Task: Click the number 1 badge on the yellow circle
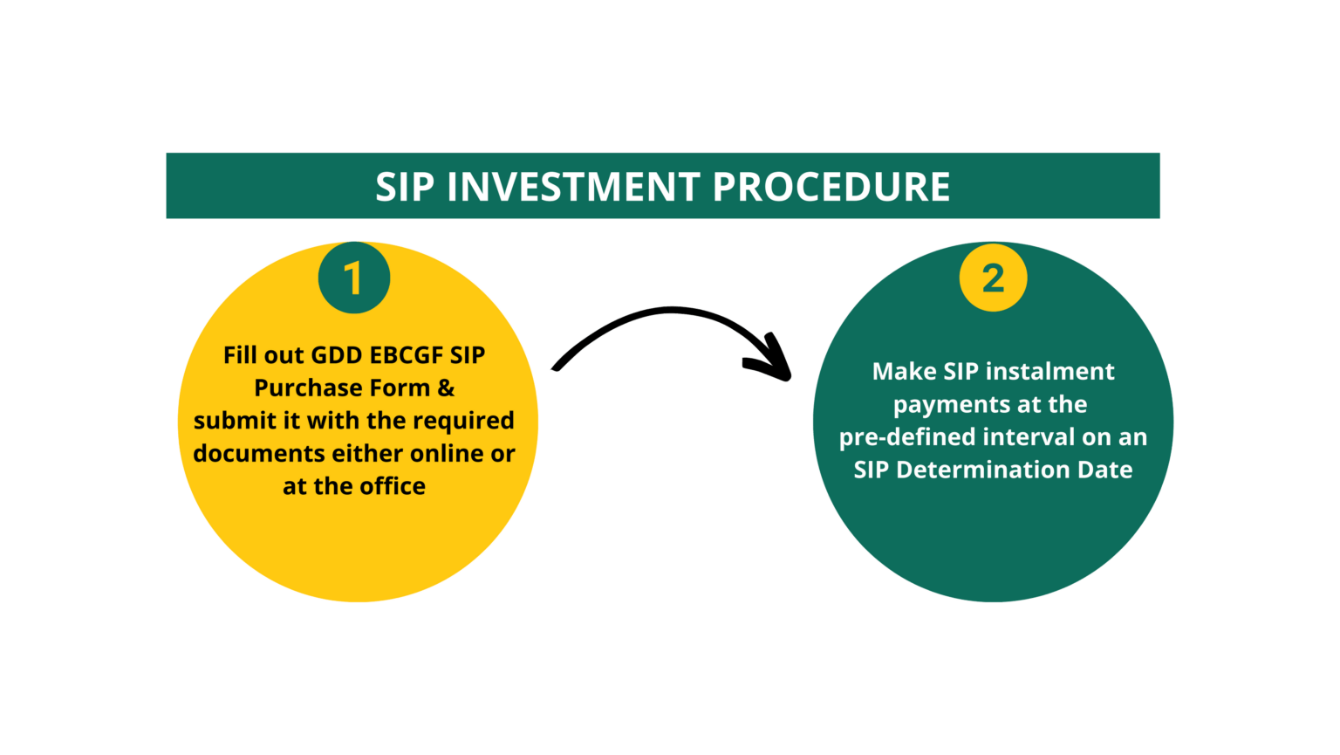pyautogui.click(x=353, y=278)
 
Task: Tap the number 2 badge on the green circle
pyautogui.click(x=993, y=278)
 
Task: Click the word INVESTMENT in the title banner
pyautogui.click(x=573, y=187)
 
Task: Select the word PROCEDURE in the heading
pyautogui.click(x=831, y=187)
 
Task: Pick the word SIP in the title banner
pyautogui.click(x=403, y=187)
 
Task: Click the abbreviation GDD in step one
pyautogui.click(x=337, y=355)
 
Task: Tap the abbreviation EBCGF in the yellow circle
pyautogui.click(x=407, y=355)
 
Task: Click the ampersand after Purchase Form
pyautogui.click(x=446, y=388)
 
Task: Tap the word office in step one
pyautogui.click(x=391, y=486)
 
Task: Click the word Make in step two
pyautogui.click(x=904, y=372)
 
